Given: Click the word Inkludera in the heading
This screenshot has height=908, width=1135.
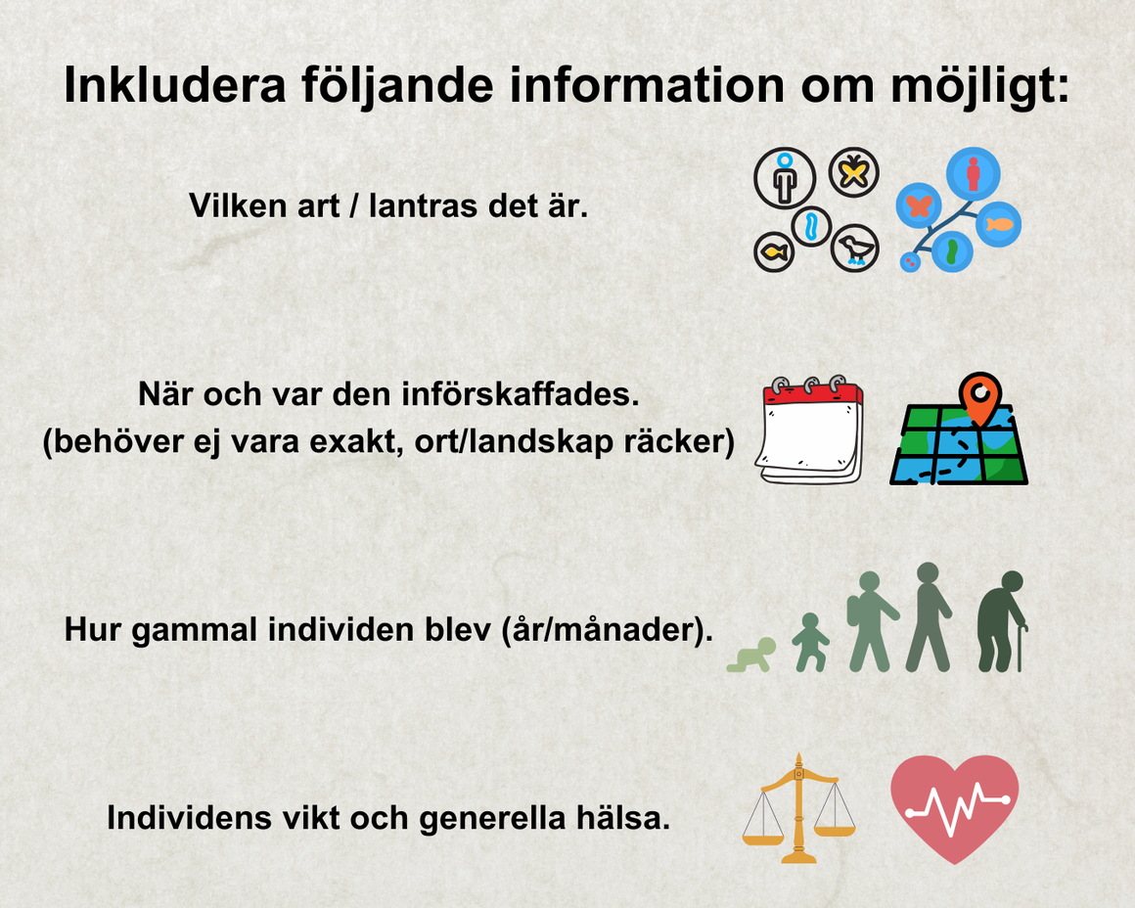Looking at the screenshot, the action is click(175, 85).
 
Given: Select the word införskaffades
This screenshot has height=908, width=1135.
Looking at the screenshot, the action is click(521, 394).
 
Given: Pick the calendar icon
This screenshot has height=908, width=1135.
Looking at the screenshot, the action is click(809, 430).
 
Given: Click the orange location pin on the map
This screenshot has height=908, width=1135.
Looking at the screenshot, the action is click(980, 397).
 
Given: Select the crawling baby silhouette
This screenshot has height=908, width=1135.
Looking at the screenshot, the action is click(751, 656).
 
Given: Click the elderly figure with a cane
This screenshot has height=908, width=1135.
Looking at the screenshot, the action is click(1002, 621).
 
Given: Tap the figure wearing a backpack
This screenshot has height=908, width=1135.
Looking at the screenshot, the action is click(872, 621).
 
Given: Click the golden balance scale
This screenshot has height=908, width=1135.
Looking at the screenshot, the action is click(798, 808).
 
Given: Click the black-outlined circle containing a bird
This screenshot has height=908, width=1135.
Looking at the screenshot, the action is click(855, 249).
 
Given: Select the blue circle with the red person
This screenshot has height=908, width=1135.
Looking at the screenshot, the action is click(974, 174).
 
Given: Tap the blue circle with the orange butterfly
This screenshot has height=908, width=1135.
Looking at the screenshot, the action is click(919, 205).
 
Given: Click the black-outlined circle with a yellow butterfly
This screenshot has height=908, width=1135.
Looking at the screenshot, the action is click(853, 172).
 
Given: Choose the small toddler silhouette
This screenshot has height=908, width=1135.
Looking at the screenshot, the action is click(811, 642).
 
